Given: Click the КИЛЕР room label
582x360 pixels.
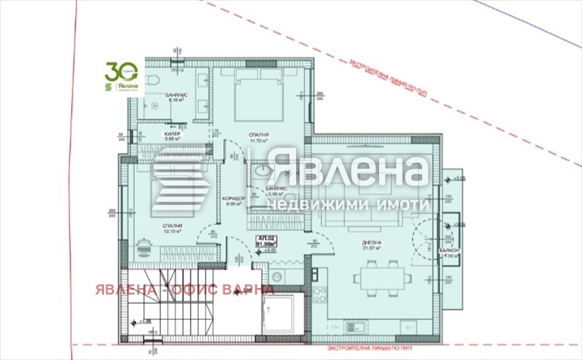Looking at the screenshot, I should pos(172,135).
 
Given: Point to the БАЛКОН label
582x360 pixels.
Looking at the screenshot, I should pos(450,249).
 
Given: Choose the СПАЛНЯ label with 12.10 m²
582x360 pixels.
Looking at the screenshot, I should pos(172,226).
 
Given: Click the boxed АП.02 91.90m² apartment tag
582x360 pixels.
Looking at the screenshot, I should pos(264,241).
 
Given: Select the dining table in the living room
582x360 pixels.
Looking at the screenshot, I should pos(378,276).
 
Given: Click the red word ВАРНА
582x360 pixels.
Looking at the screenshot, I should pos(249,290).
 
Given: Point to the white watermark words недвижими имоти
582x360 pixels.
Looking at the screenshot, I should pos(348,206).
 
